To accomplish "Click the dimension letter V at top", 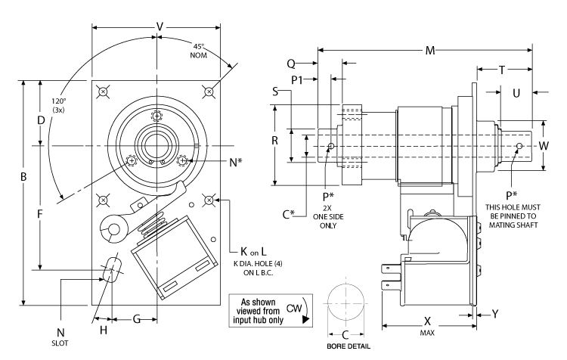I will pos(159,26).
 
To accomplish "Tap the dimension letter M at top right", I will pos(430,51).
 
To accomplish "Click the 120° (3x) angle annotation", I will pos(57,105).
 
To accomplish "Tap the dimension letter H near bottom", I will pos(104,331).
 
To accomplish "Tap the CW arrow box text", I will pos(270,311).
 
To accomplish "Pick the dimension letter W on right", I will pos(544,143).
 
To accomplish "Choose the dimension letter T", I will pos(503,70).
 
